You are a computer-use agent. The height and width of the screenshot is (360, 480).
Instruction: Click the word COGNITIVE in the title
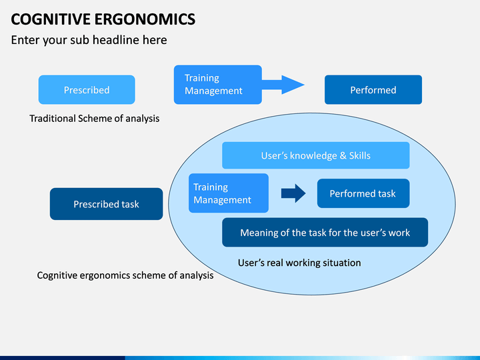(51, 19)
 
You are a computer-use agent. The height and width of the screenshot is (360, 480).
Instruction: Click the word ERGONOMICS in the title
(145, 19)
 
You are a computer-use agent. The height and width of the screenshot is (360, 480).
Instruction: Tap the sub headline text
(89, 40)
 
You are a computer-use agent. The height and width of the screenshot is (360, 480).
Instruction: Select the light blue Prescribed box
(87, 90)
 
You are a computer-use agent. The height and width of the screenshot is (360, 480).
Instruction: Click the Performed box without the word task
(373, 90)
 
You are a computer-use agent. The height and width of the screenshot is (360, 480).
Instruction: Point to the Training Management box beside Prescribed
(217, 85)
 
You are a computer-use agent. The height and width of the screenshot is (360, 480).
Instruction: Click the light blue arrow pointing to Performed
(283, 85)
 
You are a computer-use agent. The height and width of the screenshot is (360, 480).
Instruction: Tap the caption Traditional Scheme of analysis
(94, 119)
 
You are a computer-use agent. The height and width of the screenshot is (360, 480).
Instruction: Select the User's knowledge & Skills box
(315, 155)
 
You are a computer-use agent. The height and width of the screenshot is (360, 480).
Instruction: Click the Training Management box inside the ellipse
(229, 193)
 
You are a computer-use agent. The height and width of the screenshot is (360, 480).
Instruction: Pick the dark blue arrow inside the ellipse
(293, 193)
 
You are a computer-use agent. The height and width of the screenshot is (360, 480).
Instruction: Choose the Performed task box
(363, 193)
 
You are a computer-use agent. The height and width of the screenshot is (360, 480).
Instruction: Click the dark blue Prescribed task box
(106, 204)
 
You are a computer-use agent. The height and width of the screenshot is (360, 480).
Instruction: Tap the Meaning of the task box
(325, 233)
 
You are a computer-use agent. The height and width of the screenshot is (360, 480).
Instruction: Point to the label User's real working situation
(299, 263)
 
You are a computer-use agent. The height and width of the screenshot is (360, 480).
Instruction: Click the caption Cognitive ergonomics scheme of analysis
(125, 275)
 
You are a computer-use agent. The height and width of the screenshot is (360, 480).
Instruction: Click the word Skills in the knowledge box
(360, 155)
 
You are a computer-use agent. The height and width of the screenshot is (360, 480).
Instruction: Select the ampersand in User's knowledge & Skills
(343, 155)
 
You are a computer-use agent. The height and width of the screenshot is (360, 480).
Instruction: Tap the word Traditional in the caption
(53, 119)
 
